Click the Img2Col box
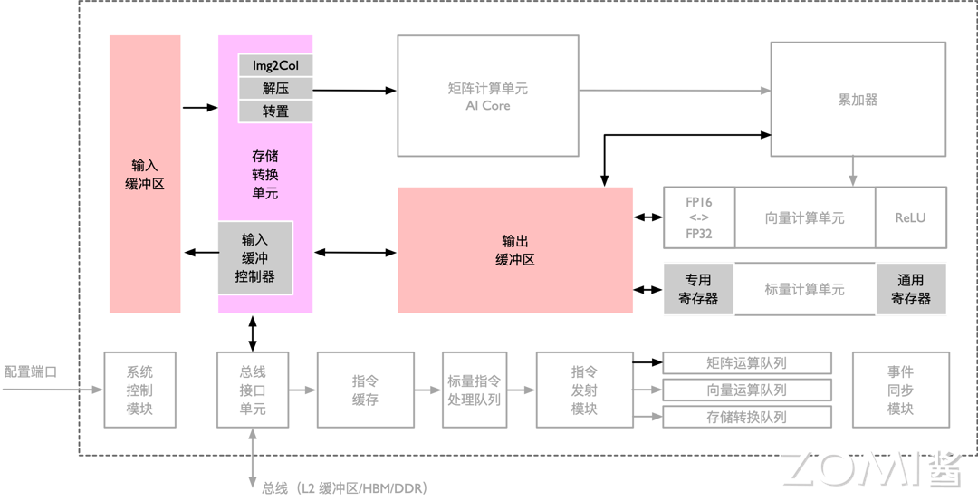point(275,65)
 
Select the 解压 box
point(275,88)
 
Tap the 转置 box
point(275,111)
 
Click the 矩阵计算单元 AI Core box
point(488,96)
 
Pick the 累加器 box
point(858,100)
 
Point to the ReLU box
point(910,217)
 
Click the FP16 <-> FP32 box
point(698,217)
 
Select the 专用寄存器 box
point(698,289)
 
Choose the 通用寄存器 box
point(910,289)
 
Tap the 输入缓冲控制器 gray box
point(255,257)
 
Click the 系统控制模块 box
point(139,390)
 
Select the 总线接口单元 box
point(253,390)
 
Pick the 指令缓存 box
point(365,390)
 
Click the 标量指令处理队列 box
point(474,390)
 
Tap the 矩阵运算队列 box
point(747,363)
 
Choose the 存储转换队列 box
point(747,417)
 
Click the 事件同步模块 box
point(900,390)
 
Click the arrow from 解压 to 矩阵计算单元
point(354,90)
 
